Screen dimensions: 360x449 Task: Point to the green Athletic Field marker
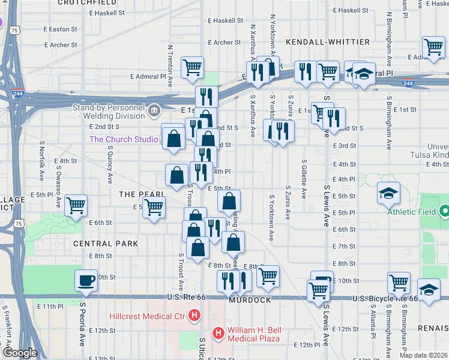pos(445,211)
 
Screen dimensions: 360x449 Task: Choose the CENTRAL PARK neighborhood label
pos(106,244)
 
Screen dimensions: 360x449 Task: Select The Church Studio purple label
pos(124,139)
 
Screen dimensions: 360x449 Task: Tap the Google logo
pos(20,353)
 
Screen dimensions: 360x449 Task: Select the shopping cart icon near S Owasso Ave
pos(76,205)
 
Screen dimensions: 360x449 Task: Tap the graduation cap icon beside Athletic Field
pos(388,193)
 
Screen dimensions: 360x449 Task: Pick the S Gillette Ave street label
pos(305,178)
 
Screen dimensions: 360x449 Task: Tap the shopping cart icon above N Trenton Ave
pos(192,67)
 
